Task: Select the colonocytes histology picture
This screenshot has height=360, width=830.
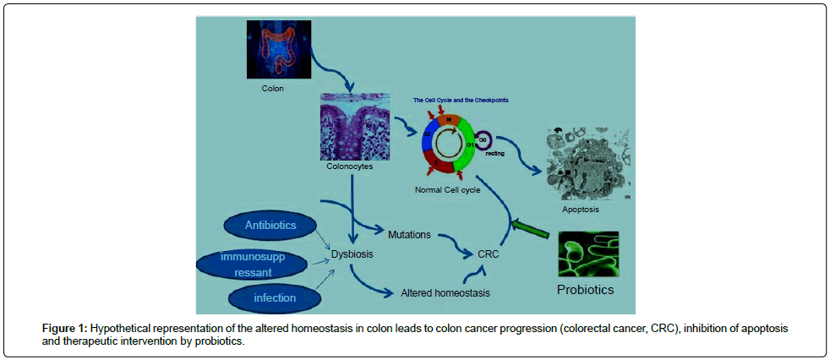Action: click(x=354, y=126)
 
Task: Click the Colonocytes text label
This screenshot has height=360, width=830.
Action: click(x=349, y=166)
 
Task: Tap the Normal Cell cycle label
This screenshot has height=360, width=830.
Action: click(x=448, y=190)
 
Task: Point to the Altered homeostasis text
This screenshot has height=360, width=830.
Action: click(x=445, y=293)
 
